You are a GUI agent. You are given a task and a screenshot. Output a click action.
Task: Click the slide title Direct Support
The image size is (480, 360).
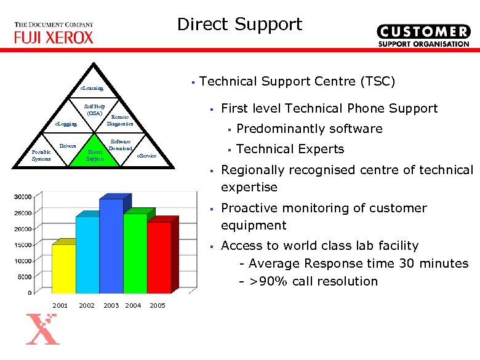239,25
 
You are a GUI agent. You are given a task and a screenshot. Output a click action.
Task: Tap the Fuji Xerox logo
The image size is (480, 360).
54,34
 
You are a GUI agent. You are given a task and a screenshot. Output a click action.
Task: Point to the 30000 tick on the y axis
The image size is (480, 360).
23,197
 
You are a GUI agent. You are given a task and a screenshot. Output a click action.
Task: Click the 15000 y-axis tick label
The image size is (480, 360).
23,245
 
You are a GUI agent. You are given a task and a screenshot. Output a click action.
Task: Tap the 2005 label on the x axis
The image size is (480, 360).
158,306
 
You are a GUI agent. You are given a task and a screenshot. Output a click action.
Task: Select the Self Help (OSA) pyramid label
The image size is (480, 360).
94,110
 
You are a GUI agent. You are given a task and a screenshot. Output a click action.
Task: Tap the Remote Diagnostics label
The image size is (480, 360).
120,120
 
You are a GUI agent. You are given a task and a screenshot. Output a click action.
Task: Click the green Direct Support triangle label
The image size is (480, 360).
95,155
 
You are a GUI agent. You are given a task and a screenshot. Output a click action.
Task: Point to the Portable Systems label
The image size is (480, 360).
42,155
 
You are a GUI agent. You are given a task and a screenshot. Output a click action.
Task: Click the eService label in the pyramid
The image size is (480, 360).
146,156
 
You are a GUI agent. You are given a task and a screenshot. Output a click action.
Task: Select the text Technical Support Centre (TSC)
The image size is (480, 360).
298,81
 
